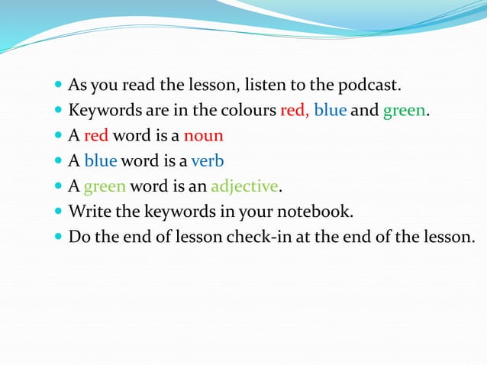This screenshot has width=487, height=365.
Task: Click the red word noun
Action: point(203,136)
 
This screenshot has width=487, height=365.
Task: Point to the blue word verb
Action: point(208,161)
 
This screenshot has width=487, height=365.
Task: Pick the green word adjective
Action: point(245,186)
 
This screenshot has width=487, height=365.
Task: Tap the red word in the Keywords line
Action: point(294,111)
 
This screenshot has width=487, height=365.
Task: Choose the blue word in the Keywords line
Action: point(330,111)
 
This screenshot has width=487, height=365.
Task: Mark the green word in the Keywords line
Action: point(404,111)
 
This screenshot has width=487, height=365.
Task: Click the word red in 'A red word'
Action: point(96,136)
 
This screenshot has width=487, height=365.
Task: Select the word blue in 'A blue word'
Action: point(100,161)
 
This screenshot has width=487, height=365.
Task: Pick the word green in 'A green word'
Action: point(105,186)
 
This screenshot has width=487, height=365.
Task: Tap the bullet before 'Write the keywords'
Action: point(60,212)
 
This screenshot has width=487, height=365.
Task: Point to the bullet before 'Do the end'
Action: point(60,237)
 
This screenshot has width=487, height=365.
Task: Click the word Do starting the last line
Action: point(79,237)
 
